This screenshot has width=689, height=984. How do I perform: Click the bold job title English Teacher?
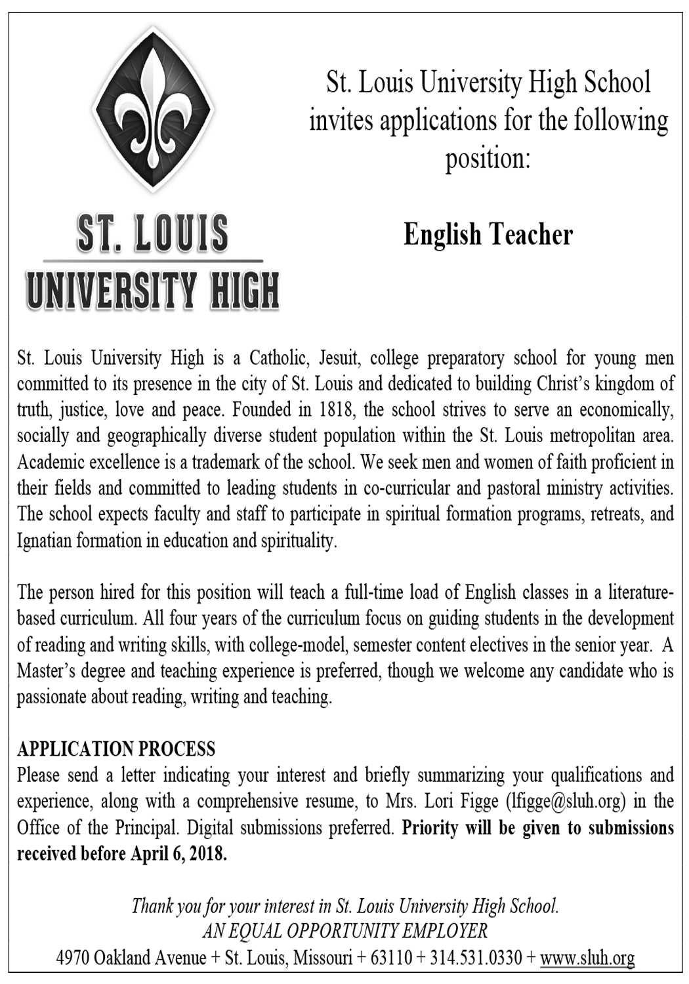point(488,234)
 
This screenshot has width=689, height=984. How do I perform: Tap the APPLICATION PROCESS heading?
point(116,748)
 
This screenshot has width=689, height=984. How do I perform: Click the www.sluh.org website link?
point(587,958)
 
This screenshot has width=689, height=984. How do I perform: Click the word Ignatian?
point(42,542)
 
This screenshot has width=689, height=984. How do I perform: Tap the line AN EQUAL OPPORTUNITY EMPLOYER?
point(344,932)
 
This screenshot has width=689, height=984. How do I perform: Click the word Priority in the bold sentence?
point(430,828)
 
